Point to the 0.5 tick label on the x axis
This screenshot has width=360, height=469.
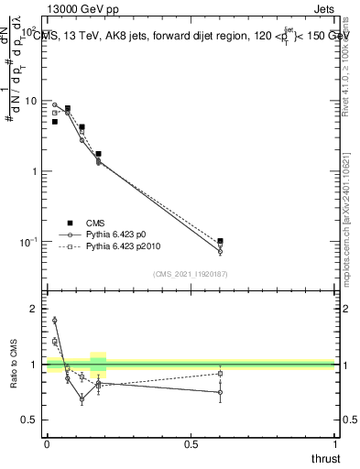(x=191, y=444)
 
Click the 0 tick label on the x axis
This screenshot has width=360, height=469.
(x=47, y=444)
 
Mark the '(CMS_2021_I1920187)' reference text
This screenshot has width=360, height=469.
(x=191, y=274)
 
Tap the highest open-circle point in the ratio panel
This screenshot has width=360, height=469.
(x=55, y=320)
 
